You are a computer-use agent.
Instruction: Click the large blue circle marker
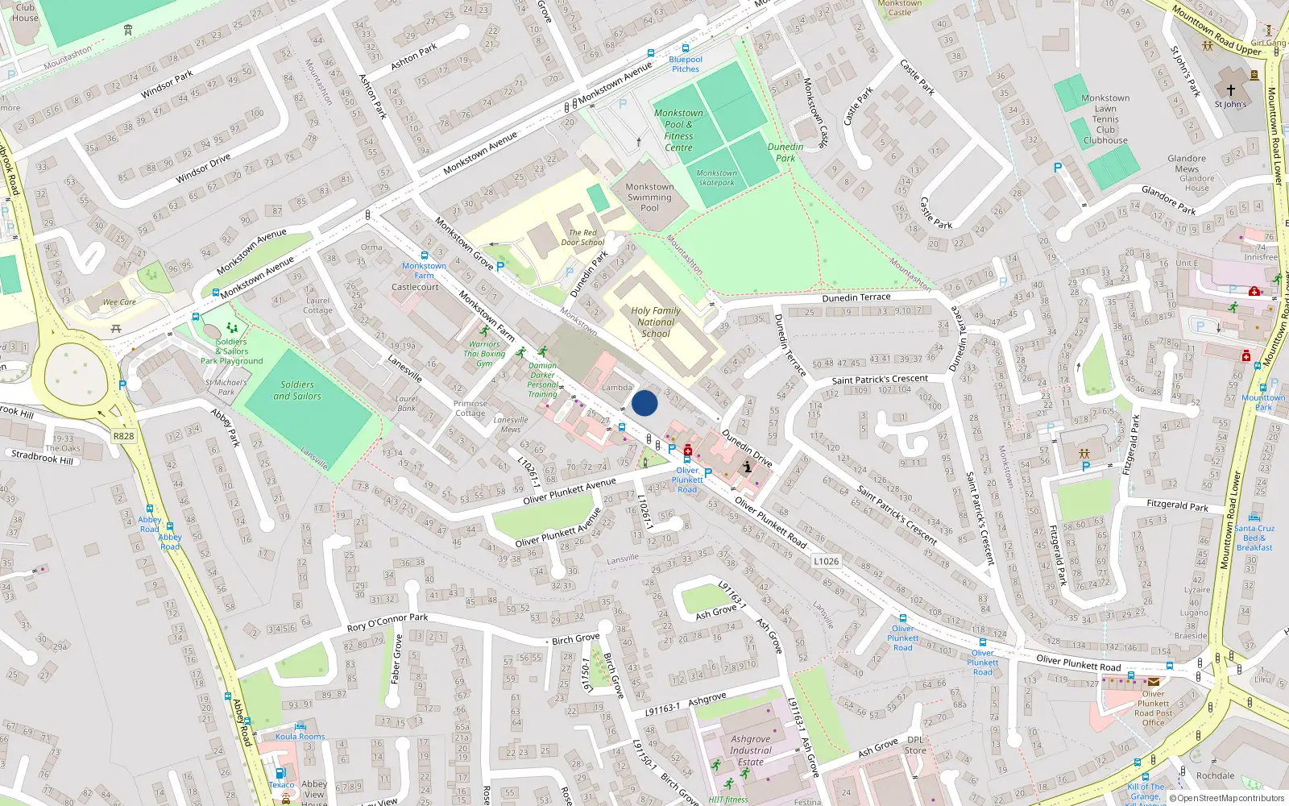644,403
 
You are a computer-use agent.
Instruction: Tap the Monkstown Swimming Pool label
649,197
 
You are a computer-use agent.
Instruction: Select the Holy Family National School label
656,322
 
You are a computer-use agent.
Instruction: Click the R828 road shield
123,436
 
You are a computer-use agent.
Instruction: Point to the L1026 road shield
827,561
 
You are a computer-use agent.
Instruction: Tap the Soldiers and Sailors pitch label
297,390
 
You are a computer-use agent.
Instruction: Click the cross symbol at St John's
1230,90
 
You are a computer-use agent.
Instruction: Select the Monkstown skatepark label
716,177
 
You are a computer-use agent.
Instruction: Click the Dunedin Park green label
785,152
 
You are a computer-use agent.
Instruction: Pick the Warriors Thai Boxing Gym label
484,354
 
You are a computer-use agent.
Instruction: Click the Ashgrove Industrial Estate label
750,750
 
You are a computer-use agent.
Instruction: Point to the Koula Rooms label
300,737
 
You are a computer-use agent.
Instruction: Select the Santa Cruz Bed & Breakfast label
1254,538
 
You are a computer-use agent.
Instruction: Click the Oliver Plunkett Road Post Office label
1154,708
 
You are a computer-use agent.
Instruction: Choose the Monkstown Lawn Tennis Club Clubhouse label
1105,119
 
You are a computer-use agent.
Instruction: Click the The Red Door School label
582,238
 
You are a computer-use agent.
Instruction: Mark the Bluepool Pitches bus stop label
686,64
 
